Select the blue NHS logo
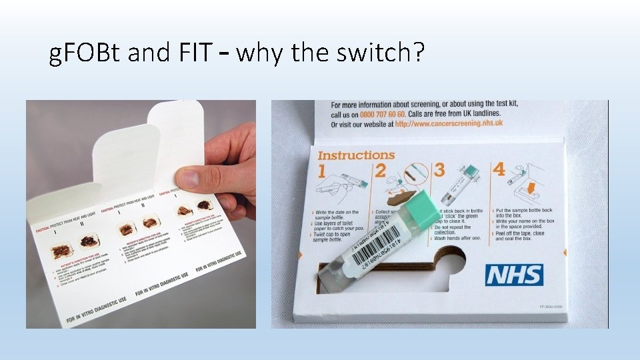[514, 275]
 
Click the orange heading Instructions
[356, 155]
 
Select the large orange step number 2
[380, 170]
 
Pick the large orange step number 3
[439, 169]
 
